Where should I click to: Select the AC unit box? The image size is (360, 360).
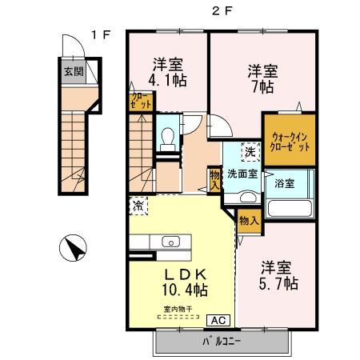click(x=217, y=320)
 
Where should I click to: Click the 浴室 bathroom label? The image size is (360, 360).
click(x=284, y=183)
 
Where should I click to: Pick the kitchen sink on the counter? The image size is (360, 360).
click(x=171, y=242)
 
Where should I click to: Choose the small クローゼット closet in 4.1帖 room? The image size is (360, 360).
click(x=138, y=102)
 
